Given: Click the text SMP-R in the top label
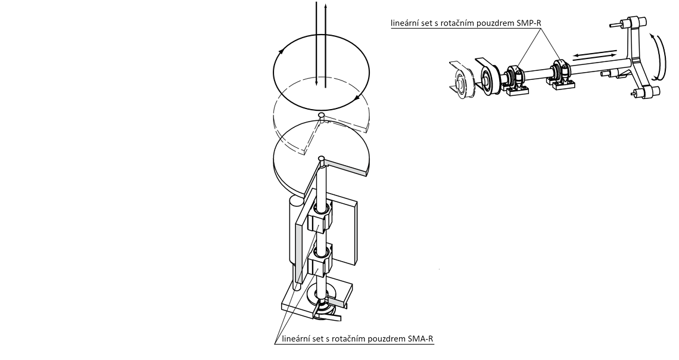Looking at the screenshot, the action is (529, 23).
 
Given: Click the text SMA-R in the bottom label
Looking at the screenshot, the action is (421, 339).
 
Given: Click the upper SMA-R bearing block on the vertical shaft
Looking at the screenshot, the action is (320, 217).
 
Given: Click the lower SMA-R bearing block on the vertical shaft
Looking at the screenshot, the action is (320, 260).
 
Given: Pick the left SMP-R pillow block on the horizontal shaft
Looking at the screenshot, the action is (516, 79).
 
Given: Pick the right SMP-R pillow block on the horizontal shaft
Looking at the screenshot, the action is (562, 75).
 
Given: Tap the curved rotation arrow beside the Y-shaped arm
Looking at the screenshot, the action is (658, 58).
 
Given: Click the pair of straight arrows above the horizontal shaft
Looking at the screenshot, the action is (595, 55).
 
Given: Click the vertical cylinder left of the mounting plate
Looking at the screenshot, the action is (295, 243).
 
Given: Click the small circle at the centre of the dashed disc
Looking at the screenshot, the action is (321, 114).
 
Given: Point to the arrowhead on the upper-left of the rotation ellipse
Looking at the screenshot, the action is (282, 51).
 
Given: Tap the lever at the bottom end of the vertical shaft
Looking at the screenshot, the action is (326, 312).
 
